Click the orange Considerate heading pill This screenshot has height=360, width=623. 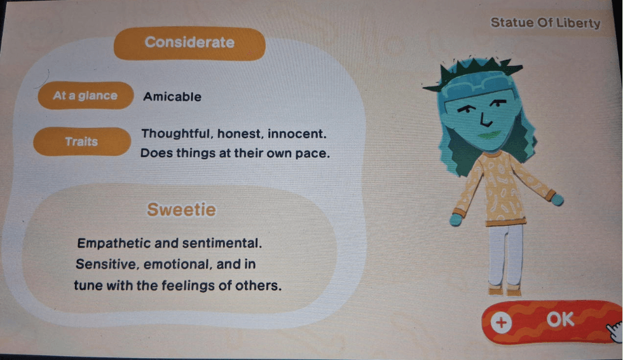(x=189, y=43)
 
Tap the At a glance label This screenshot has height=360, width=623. (x=85, y=96)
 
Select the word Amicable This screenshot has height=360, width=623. (x=172, y=97)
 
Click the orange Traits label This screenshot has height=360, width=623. (x=81, y=141)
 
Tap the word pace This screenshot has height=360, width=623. (x=313, y=154)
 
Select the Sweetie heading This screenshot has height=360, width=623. (x=181, y=209)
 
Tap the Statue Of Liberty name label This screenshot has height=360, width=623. (x=545, y=24)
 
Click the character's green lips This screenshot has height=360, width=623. (x=490, y=135)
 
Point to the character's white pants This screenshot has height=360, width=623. (x=505, y=254)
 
